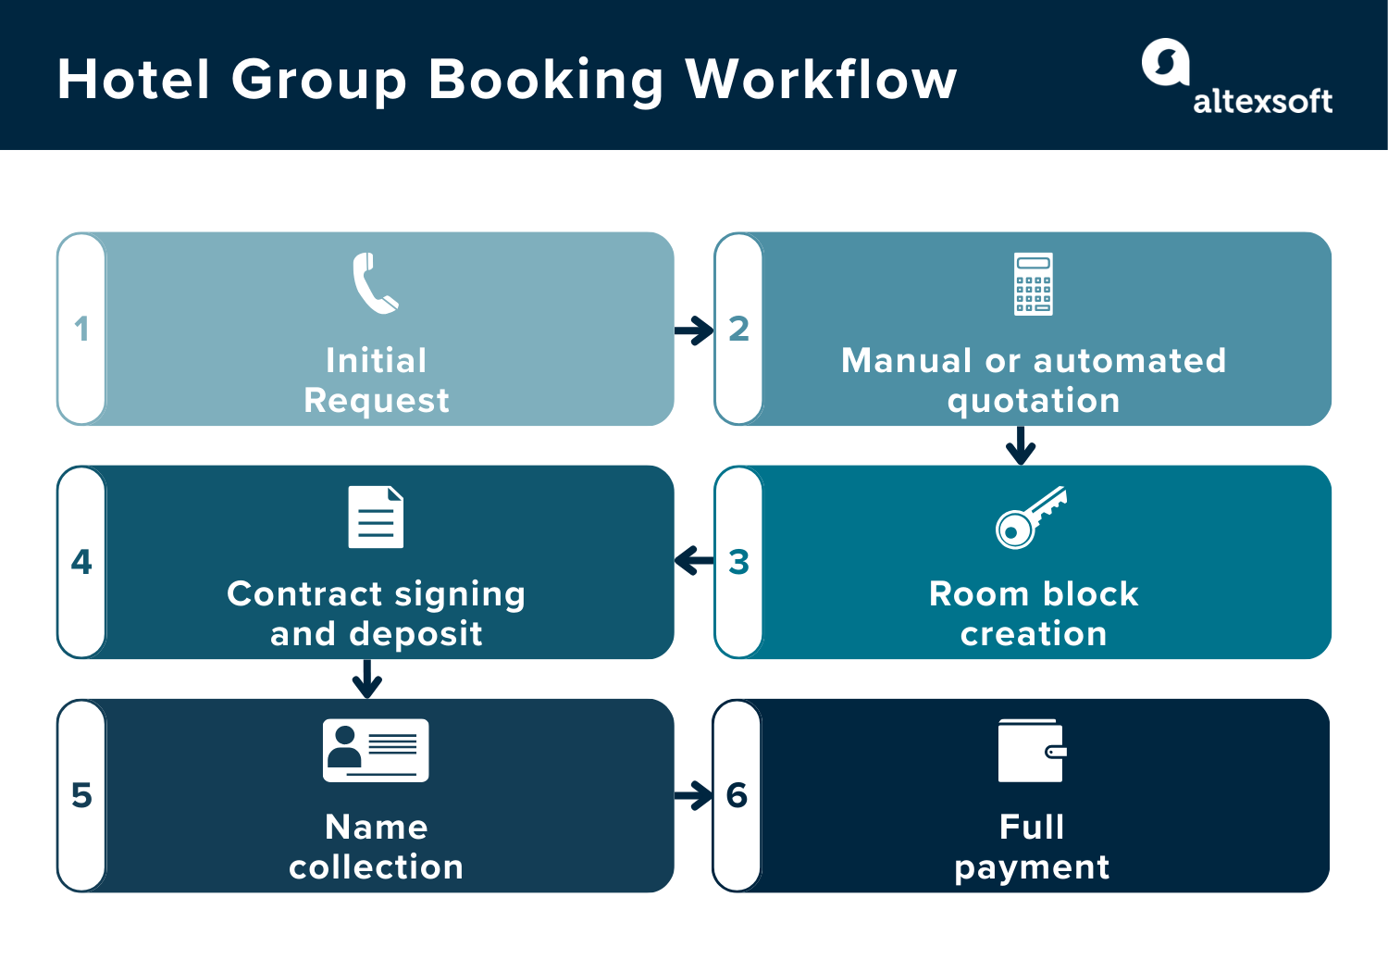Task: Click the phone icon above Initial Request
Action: [x=375, y=283]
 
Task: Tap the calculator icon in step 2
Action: [x=1033, y=284]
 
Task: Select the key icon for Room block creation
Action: [x=1030, y=517]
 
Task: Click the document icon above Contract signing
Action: [x=376, y=517]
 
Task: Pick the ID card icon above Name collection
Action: [x=376, y=750]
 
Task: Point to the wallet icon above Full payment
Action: [x=1032, y=751]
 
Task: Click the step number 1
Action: [x=81, y=329]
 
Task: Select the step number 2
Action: [x=738, y=329]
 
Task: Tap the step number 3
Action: [x=738, y=562]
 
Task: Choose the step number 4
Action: [x=81, y=562]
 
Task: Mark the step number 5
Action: [x=81, y=795]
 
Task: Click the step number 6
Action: [x=737, y=795]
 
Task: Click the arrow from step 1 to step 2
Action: [x=694, y=330]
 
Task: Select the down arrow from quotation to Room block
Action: [x=1021, y=445]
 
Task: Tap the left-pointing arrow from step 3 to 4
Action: [x=694, y=560]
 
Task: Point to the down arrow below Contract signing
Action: [x=367, y=679]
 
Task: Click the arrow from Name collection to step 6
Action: [x=694, y=795]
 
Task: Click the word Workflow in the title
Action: [x=821, y=80]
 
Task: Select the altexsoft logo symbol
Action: [x=1165, y=62]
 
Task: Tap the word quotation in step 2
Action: [x=1033, y=402]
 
